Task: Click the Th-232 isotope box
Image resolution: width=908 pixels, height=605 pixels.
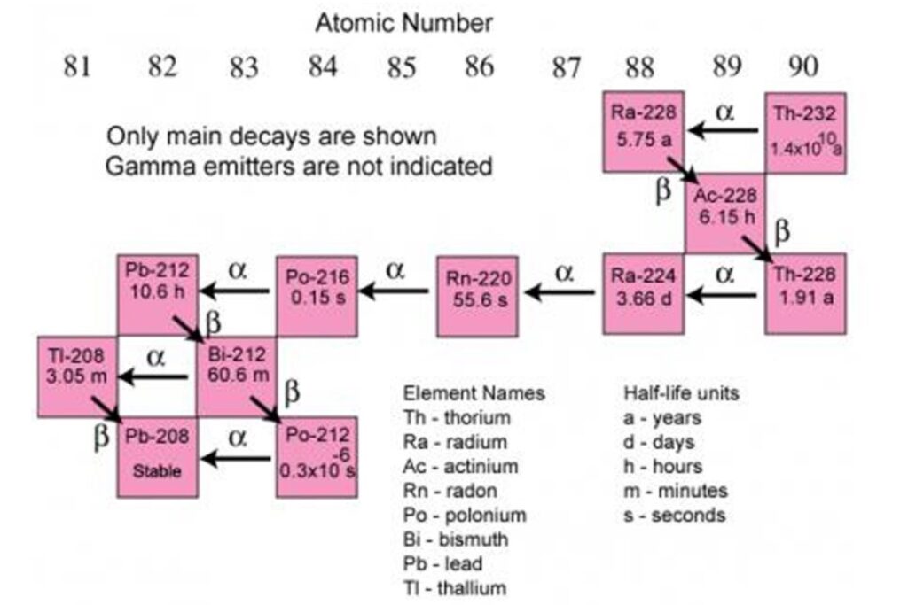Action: tap(805, 133)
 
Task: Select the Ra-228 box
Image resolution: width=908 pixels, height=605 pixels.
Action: tap(644, 132)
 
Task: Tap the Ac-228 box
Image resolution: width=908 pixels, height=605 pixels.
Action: tap(724, 213)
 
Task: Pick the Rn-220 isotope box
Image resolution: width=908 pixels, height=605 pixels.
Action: tap(477, 296)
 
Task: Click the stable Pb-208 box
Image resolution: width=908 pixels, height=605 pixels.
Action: tap(158, 457)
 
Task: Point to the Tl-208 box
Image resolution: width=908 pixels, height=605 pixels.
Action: tap(77, 376)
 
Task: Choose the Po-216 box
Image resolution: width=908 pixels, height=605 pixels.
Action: tap(317, 296)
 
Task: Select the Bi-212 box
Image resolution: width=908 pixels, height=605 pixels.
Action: tap(237, 376)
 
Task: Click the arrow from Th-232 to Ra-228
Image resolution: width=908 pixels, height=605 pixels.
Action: tap(724, 130)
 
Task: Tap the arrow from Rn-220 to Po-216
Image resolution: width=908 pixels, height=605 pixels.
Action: tap(395, 291)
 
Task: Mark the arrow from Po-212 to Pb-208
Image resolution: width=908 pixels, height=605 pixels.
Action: tap(236, 459)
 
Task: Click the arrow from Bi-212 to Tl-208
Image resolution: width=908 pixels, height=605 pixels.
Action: tap(153, 377)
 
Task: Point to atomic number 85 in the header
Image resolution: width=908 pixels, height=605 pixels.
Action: tap(402, 67)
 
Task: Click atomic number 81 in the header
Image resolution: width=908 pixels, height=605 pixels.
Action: tap(76, 66)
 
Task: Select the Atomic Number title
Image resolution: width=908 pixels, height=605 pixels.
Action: tap(403, 23)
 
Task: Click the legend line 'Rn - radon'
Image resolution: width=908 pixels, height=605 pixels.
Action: tap(450, 491)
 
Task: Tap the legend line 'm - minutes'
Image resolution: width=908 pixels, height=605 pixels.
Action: tap(675, 491)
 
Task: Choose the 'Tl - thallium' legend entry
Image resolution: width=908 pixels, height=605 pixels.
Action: tap(455, 587)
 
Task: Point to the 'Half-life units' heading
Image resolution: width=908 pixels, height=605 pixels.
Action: tap(681, 393)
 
